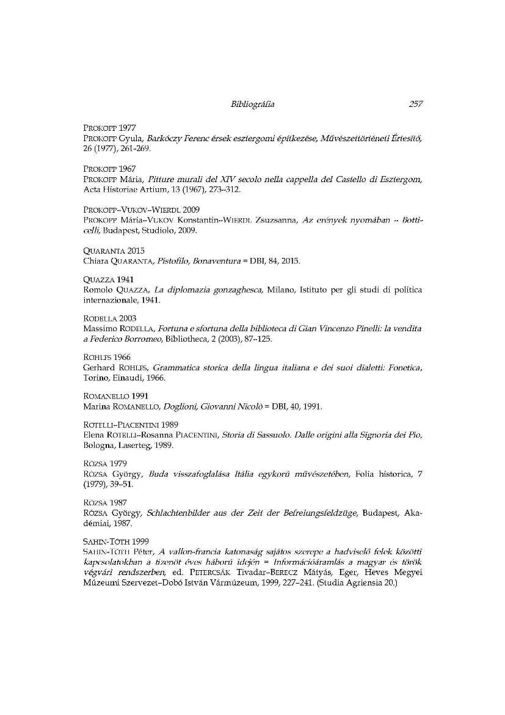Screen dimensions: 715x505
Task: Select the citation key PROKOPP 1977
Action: [109, 129]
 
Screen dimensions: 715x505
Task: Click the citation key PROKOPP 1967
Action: [109, 168]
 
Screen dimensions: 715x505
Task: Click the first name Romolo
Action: [96, 290]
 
